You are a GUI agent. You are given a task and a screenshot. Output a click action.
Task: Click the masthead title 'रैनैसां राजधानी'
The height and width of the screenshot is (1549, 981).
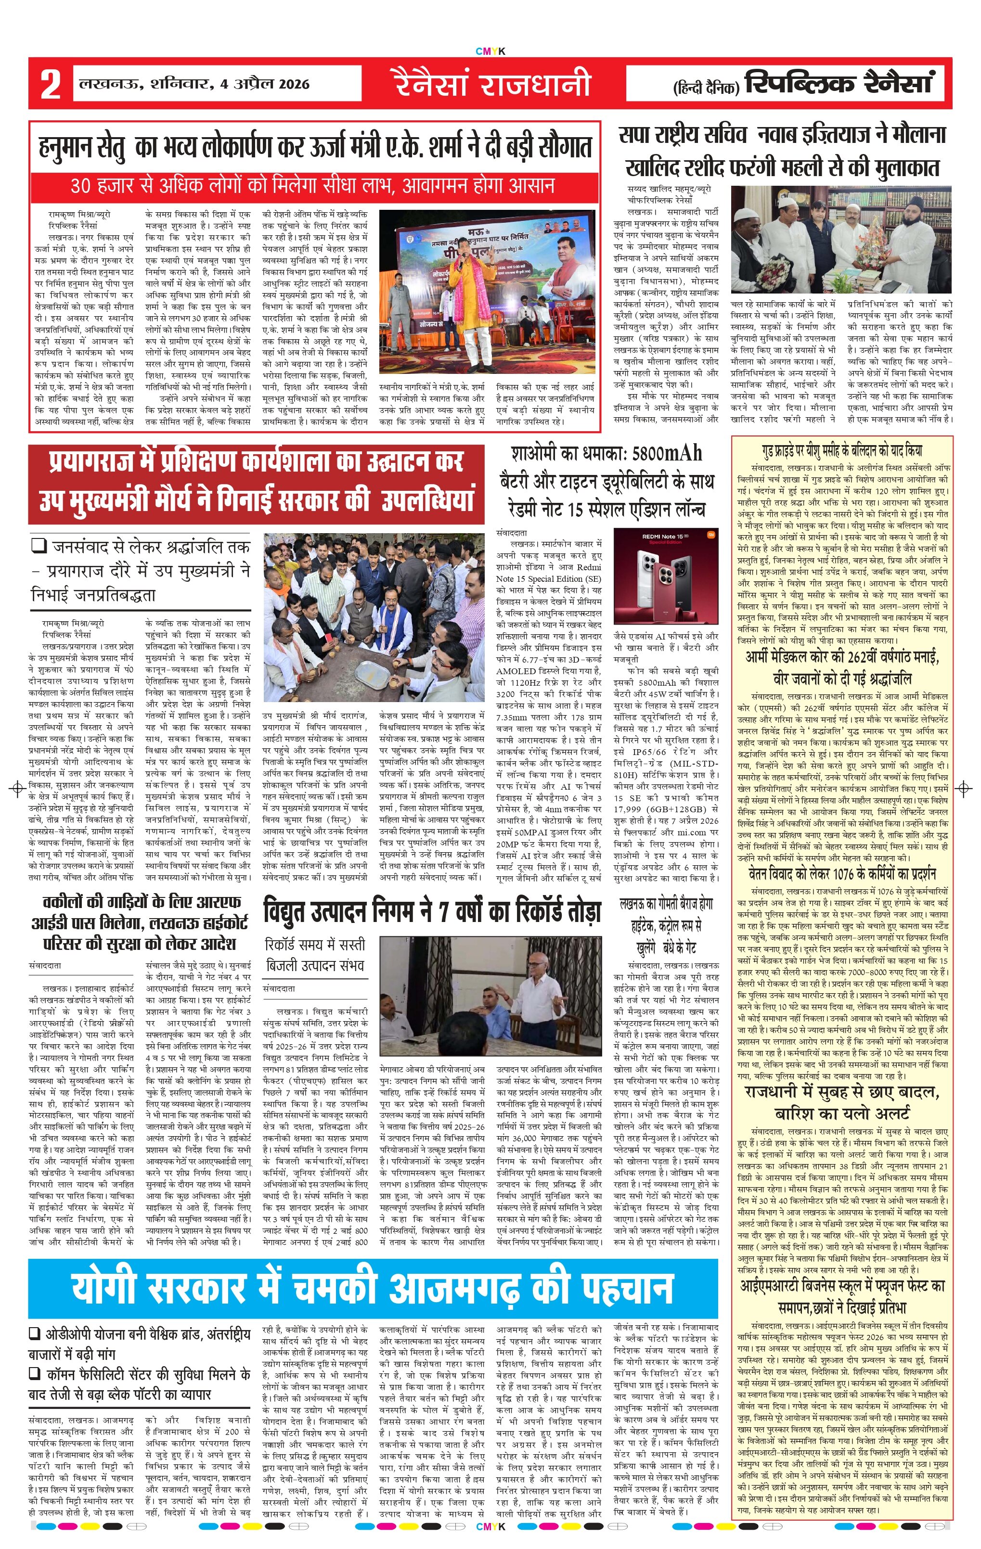coord(492,84)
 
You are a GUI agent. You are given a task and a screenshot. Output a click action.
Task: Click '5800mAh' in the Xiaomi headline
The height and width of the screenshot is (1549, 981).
coord(665,453)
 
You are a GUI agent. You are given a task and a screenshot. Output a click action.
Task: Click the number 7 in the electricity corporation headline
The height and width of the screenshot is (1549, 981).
coord(444,913)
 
